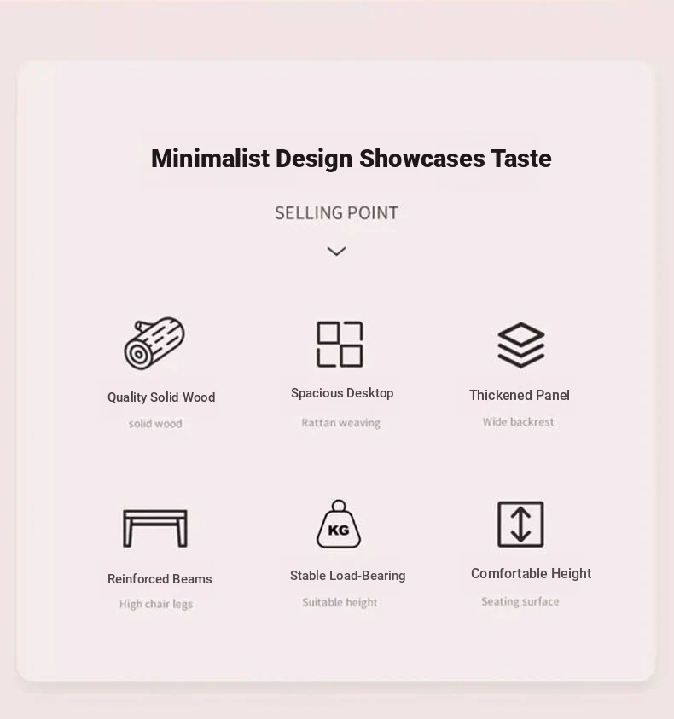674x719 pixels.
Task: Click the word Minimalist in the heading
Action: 210,159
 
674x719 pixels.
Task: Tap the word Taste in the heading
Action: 521,159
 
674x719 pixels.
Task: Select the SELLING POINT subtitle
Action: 336,213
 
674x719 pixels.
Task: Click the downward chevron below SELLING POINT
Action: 337,252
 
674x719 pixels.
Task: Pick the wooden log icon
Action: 154,343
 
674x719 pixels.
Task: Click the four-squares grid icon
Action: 340,345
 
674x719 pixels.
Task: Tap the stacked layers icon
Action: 521,345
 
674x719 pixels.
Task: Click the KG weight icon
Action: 339,525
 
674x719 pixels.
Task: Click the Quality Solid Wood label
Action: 161,397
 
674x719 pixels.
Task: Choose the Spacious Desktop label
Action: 342,393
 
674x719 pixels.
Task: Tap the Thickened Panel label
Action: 520,395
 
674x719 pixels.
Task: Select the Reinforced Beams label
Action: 160,579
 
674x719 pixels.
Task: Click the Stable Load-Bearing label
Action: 348,576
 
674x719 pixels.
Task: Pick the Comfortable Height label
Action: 532,574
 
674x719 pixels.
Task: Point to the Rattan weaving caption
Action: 341,423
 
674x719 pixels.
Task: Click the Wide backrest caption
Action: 519,422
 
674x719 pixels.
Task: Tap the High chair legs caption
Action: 156,605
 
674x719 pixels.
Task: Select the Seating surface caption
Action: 520,601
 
